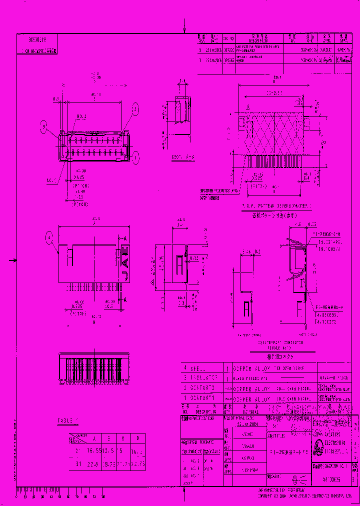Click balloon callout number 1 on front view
click(x=136, y=156)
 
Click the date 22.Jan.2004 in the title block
click(x=245, y=422)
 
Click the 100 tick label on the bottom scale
click(x=103, y=496)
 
